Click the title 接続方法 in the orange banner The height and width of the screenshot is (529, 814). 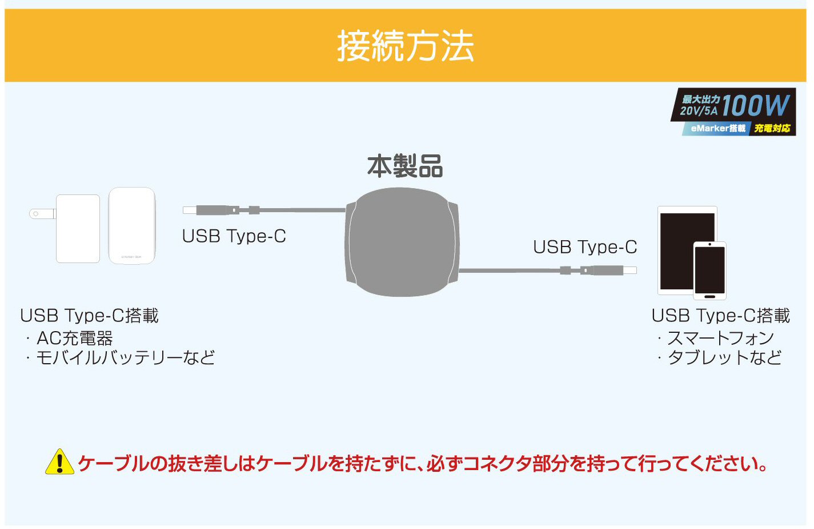(x=406, y=46)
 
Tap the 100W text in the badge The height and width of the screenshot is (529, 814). (x=756, y=105)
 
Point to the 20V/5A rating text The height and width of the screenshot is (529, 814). (x=699, y=110)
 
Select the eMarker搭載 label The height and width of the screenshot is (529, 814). (x=718, y=128)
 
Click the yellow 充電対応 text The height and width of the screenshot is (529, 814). (x=772, y=128)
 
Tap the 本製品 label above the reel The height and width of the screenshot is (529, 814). (x=405, y=166)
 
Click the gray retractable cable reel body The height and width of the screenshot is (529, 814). (x=402, y=242)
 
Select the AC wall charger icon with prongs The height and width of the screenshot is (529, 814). (x=65, y=229)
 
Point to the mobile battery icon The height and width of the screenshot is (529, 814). (x=132, y=225)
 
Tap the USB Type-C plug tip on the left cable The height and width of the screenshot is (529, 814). (x=189, y=210)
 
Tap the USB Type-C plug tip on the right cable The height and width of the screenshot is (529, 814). (x=630, y=270)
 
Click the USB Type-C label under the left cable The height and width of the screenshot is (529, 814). (x=234, y=236)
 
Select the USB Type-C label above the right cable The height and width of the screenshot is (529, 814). (x=585, y=247)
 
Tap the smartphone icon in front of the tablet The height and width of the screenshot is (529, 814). (x=709, y=271)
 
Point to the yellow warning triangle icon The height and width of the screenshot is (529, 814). (x=60, y=462)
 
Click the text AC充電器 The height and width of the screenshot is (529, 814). (x=75, y=339)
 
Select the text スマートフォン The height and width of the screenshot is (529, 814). (x=721, y=339)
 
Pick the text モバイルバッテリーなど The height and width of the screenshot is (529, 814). (x=126, y=357)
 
